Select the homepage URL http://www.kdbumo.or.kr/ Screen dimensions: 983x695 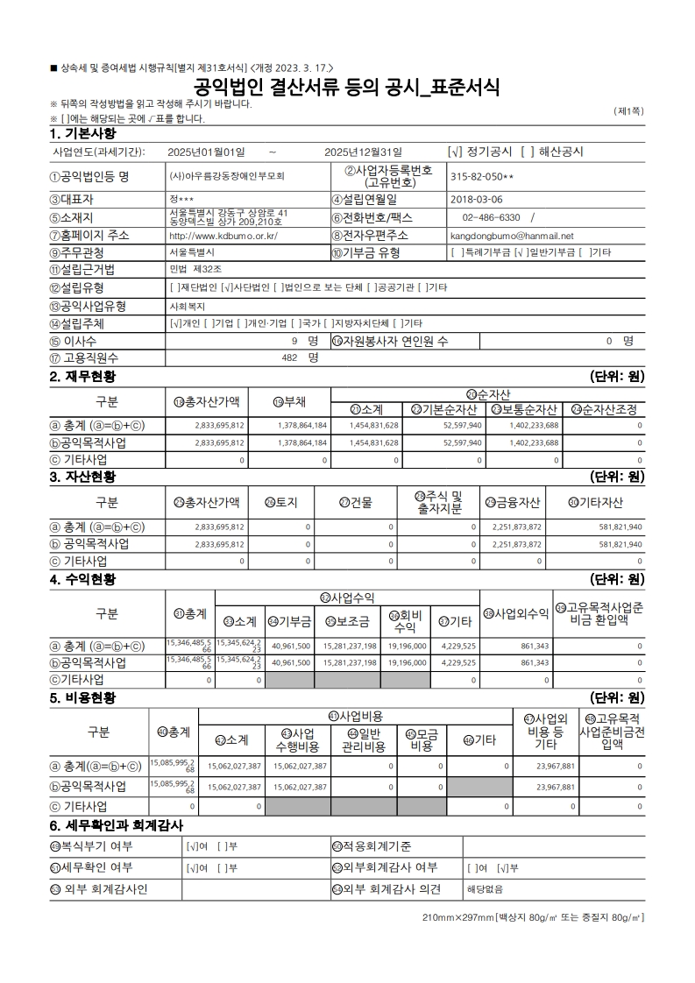coord(223,236)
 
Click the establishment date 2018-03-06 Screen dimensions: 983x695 coord(477,199)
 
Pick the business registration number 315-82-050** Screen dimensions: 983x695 coord(482,176)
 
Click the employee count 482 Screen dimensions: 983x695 coord(290,357)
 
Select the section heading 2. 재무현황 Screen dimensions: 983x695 coord(82,377)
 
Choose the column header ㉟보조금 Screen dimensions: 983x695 coord(347,622)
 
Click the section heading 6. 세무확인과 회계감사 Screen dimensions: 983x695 coord(117,825)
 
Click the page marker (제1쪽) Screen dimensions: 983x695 coord(629,111)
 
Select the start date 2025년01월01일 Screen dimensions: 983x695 coord(206,152)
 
